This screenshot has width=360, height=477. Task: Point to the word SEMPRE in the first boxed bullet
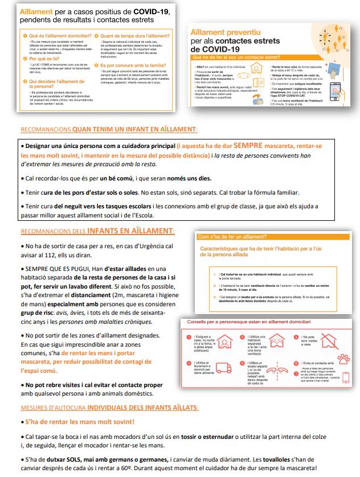pyautogui.click(x=246, y=145)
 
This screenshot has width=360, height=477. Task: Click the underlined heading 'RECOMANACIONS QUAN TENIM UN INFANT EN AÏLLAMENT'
pyautogui.click(x=109, y=129)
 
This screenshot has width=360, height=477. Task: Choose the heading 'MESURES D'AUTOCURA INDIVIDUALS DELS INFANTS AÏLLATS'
pyautogui.click(x=110, y=408)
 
